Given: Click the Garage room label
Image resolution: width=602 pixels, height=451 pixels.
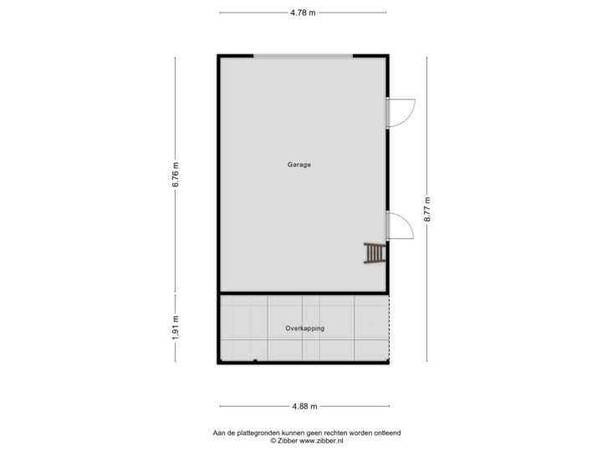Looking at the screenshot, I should pyautogui.click(x=298, y=165).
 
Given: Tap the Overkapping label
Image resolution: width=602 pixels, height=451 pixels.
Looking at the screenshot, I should pyautogui.click(x=304, y=328).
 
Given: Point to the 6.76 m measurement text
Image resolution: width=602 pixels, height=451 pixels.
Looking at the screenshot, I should pyautogui.click(x=176, y=173).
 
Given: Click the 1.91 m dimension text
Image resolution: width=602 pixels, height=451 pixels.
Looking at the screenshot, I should pyautogui.click(x=176, y=327).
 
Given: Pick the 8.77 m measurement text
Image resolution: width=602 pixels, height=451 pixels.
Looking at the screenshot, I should pyautogui.click(x=427, y=209).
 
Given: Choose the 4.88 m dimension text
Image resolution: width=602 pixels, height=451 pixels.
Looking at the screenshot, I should pyautogui.click(x=304, y=406).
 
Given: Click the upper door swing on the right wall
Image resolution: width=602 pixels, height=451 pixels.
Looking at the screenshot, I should pyautogui.click(x=403, y=111).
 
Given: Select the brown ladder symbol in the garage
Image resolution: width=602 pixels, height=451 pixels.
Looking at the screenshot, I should pyautogui.click(x=375, y=253).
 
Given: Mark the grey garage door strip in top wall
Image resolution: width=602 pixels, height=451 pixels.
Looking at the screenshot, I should pyautogui.click(x=303, y=56).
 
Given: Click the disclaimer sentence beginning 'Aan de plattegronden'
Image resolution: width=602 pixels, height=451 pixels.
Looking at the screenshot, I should pyautogui.click(x=308, y=432).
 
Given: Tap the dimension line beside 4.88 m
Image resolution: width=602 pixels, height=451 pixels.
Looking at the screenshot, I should pyautogui.click(x=251, y=406).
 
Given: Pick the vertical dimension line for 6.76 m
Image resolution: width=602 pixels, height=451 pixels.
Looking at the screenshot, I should pyautogui.click(x=176, y=100).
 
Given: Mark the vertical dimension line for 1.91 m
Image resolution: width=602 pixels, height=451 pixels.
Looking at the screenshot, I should pyautogui.click(x=176, y=351).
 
